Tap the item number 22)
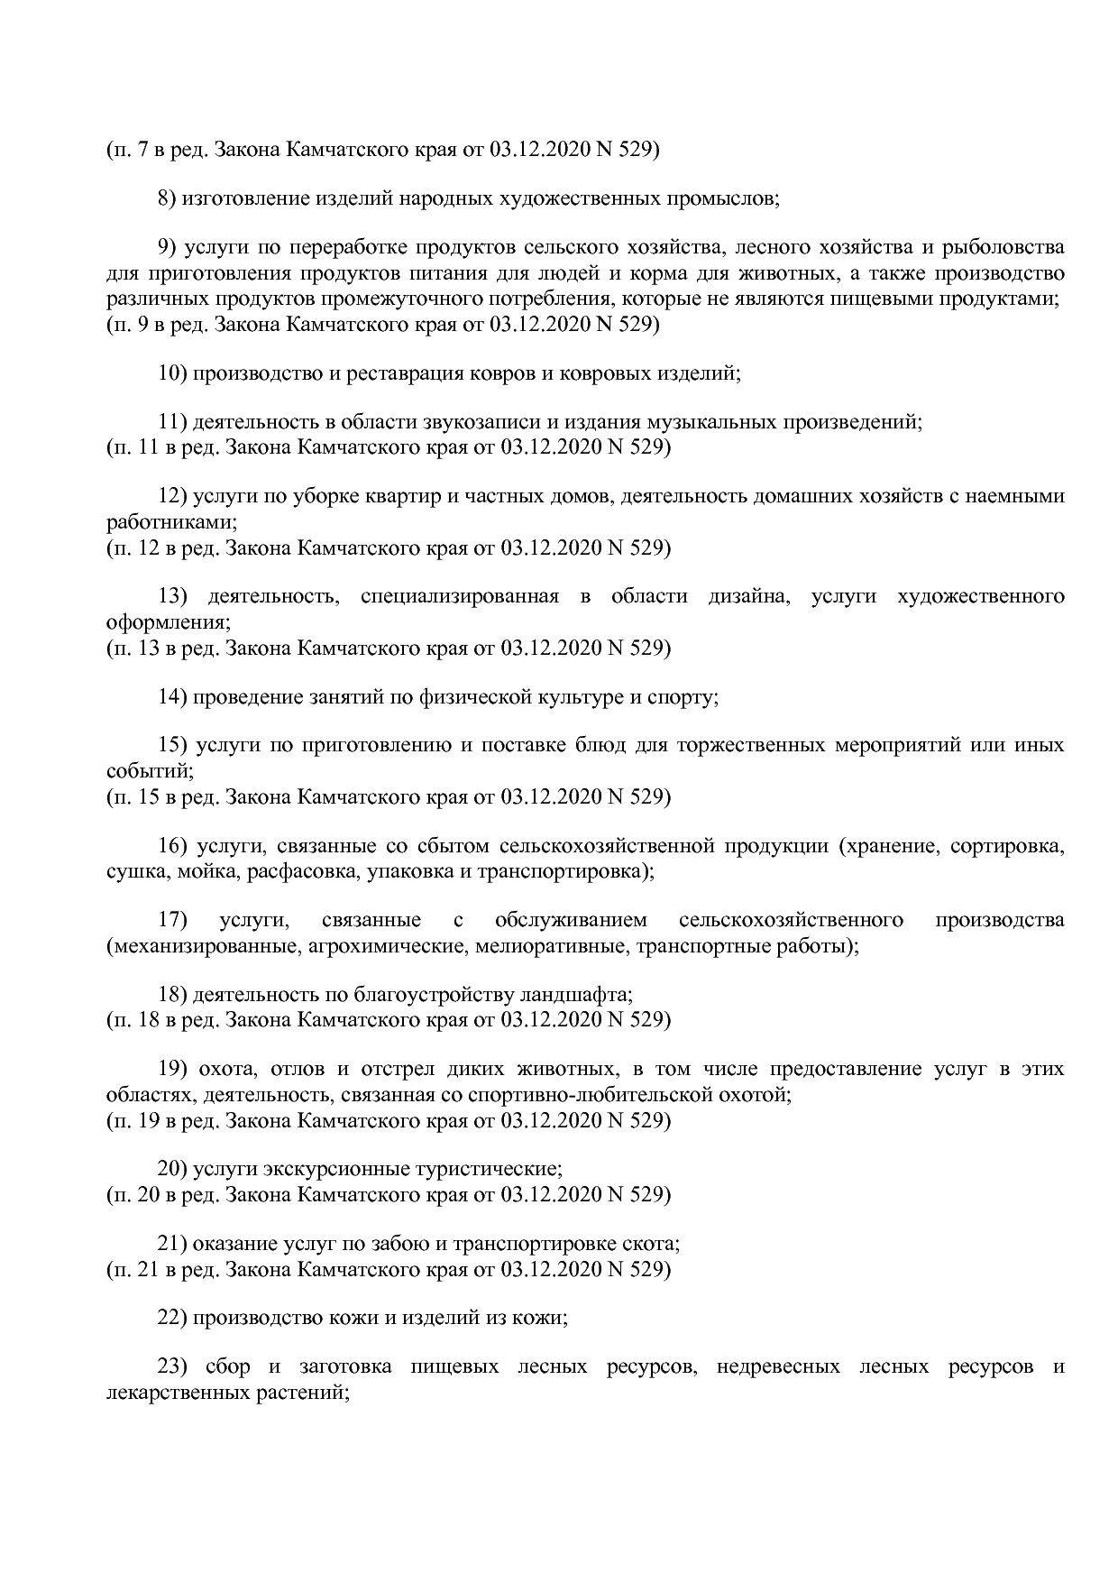pyautogui.click(x=171, y=1318)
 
